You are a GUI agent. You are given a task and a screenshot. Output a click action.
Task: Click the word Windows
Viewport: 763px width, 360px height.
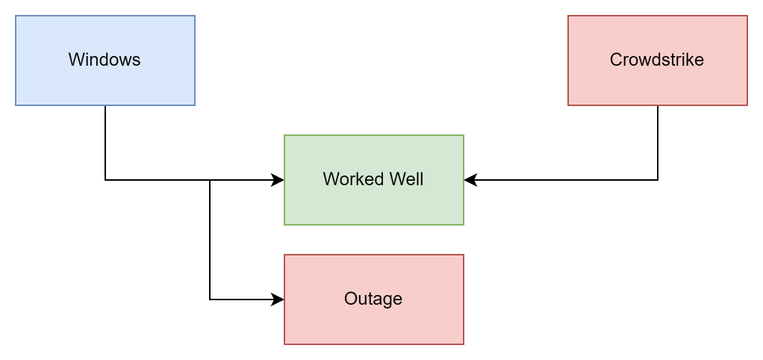click(x=105, y=60)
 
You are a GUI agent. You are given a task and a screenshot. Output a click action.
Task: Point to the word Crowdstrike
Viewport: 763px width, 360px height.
click(x=657, y=60)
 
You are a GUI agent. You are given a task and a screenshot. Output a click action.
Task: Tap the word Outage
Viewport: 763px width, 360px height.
click(x=373, y=299)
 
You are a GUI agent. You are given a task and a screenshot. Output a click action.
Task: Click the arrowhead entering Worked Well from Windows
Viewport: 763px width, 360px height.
click(x=278, y=180)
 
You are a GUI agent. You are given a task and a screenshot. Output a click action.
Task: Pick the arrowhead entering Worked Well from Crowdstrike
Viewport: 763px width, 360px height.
click(x=470, y=180)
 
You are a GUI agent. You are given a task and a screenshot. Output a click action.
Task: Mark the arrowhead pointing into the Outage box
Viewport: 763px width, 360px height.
click(x=278, y=300)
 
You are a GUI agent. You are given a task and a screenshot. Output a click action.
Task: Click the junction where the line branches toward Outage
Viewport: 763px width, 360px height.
click(x=210, y=180)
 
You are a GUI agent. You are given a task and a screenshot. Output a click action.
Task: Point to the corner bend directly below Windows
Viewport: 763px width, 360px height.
click(x=105, y=180)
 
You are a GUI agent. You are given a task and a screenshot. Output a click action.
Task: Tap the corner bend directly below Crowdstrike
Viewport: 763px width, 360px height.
click(x=658, y=180)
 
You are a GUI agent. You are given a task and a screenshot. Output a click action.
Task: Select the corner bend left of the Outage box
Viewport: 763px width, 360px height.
click(x=210, y=300)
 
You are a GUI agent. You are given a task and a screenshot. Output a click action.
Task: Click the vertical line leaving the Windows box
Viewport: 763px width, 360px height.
click(x=105, y=142)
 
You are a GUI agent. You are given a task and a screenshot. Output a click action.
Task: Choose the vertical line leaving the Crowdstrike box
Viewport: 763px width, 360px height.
click(x=658, y=142)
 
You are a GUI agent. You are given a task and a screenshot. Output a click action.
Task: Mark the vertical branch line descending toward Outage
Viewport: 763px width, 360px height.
click(x=210, y=239)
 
